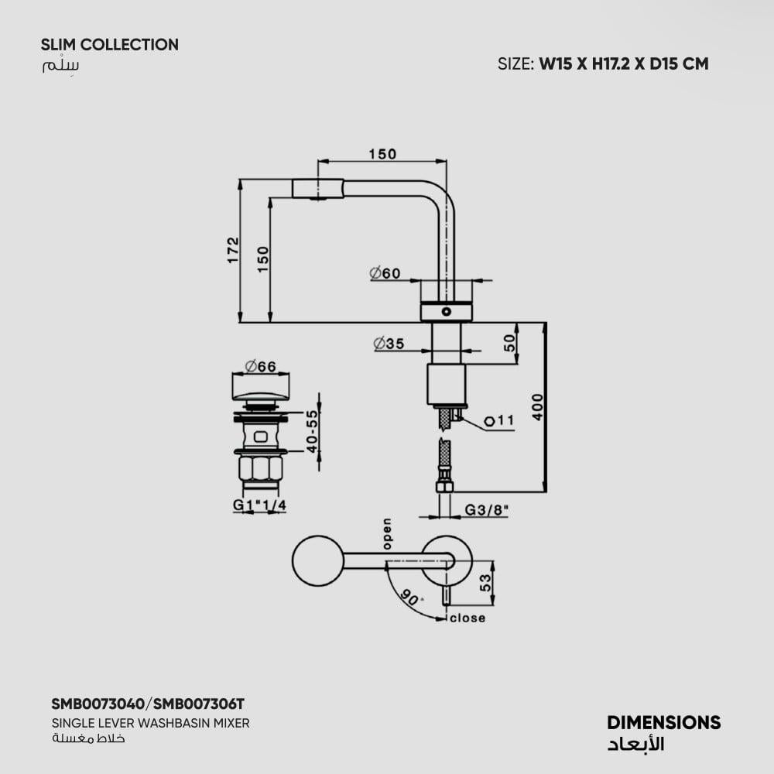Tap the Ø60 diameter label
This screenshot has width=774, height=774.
point(385,273)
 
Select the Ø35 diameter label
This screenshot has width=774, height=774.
point(389,344)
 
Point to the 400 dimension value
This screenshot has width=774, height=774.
point(537,406)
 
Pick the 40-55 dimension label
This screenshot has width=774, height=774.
point(312,431)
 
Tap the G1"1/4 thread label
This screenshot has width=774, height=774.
point(259,505)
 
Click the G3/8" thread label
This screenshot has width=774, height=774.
point(486,510)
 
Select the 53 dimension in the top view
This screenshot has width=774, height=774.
point(485,583)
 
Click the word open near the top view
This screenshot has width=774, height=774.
point(386,534)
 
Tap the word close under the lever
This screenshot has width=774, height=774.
point(467,618)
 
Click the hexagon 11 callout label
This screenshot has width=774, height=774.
point(499,421)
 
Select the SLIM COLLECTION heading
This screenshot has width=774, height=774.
point(109,45)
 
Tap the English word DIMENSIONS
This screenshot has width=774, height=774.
point(663,723)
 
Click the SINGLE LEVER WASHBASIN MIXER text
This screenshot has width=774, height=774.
point(150,723)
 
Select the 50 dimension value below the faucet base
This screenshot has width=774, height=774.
point(509,343)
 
